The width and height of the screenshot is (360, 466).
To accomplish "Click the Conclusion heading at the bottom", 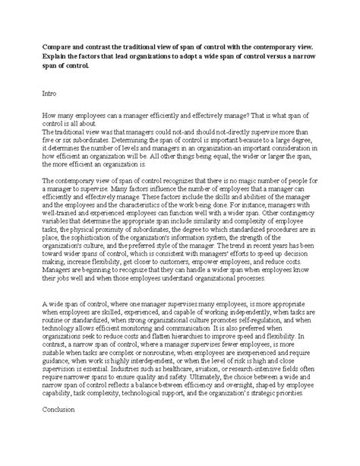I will coord(64,438).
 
